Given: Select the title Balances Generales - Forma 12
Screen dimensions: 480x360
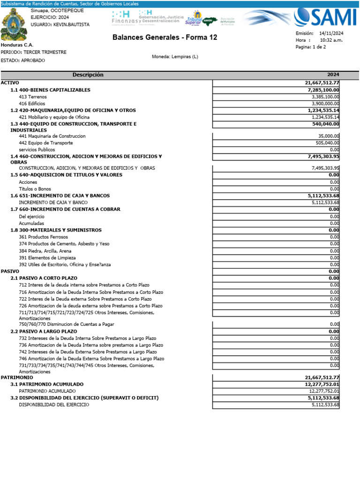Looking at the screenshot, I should [x=165, y=37].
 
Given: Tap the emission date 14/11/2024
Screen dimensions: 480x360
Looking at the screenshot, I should [x=331, y=33].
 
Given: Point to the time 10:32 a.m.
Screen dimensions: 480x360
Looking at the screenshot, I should [x=331, y=40].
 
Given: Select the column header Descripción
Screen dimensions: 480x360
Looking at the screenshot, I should [x=88, y=75].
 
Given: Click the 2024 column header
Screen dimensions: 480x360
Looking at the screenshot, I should [x=333, y=75].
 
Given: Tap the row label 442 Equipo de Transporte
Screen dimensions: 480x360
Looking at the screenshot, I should [x=45, y=142].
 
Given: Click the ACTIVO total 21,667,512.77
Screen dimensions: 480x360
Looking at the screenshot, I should [x=322, y=83].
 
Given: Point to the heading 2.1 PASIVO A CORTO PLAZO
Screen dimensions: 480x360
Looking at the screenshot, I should [x=44, y=278].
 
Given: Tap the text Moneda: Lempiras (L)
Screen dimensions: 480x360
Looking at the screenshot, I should [x=175, y=57].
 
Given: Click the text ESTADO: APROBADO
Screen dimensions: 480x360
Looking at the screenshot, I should [x=23, y=60].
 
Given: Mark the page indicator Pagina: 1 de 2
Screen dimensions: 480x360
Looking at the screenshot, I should [x=310, y=47].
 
